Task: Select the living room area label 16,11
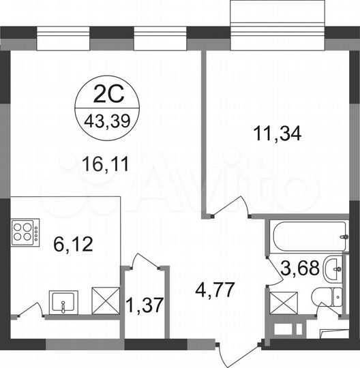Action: click(x=105, y=164)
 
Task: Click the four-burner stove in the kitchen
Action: click(x=25, y=232)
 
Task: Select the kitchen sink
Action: click(x=63, y=301)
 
